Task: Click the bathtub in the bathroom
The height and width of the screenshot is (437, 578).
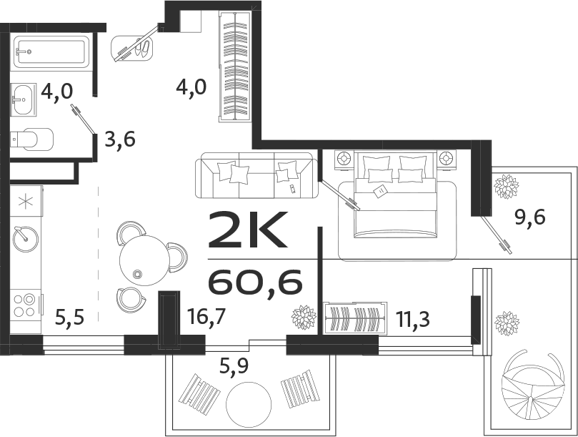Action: (x=51, y=52)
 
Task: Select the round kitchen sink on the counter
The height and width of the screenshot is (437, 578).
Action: (x=25, y=235)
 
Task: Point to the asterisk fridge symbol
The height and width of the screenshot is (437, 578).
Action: (x=25, y=201)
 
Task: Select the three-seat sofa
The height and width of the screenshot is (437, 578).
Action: (x=256, y=175)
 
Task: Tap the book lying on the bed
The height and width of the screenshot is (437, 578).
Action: (x=380, y=191)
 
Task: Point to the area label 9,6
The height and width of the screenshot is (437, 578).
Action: (x=530, y=215)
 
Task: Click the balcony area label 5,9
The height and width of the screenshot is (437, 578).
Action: (x=234, y=368)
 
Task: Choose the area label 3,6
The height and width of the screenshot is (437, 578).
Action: (x=119, y=138)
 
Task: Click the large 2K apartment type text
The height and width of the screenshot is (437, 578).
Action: (x=247, y=229)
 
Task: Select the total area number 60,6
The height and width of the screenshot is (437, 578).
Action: (x=255, y=283)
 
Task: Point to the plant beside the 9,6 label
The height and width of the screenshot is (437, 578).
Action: (x=507, y=187)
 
